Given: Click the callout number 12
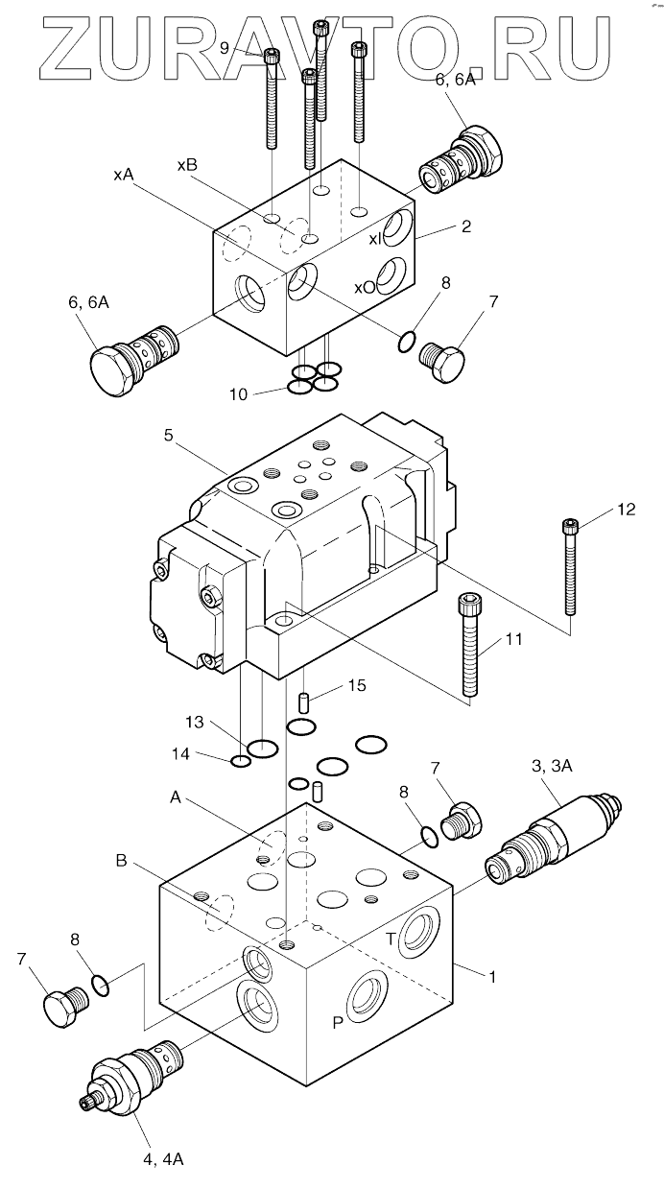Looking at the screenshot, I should tap(625, 511).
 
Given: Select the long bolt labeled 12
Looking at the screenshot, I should tap(571, 566).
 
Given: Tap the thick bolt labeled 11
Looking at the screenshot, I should tap(469, 643).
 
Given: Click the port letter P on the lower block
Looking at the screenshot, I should tap(338, 1022).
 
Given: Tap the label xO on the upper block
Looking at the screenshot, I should tap(364, 287).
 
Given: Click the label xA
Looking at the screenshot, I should tap(124, 174).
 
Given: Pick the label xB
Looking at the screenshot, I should tap(187, 165).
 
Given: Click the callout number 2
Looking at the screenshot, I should tap(465, 226).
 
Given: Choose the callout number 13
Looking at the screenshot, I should tap(195, 721).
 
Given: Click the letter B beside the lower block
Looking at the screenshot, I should tap(121, 861).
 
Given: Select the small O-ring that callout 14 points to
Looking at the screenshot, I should tap(241, 762).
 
